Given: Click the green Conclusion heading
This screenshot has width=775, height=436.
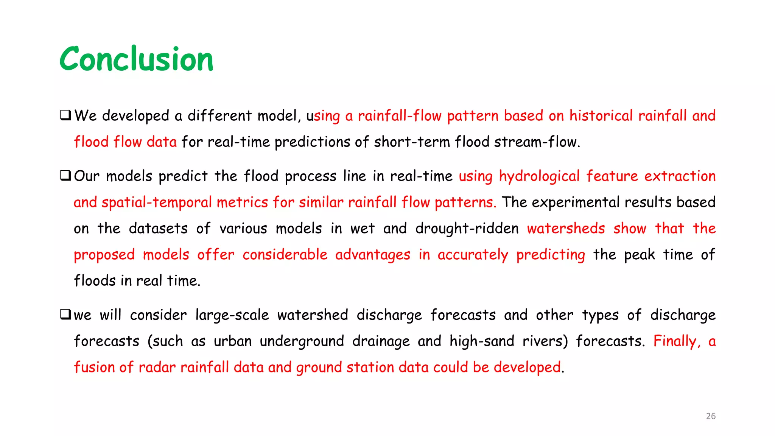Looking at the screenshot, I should click(136, 59).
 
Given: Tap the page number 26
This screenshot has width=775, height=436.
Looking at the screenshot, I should click(711, 416).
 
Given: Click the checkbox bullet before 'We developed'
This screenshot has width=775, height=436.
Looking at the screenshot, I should click(65, 115).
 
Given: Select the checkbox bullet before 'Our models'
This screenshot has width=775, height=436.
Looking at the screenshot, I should click(65, 176).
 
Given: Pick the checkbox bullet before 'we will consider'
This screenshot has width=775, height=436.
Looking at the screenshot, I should click(65, 314).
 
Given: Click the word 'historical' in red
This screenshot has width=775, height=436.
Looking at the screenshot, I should click(601, 116).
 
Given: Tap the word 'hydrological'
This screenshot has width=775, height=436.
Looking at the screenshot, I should click(539, 176).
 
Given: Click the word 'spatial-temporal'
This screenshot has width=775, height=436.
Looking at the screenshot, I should click(157, 202).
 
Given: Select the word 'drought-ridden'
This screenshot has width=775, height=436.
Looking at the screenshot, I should click(467, 229).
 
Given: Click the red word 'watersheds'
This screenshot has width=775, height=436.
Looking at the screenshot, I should click(566, 229).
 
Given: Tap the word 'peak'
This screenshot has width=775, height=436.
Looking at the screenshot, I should click(639, 255).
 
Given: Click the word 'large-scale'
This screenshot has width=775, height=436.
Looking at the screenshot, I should click(232, 315).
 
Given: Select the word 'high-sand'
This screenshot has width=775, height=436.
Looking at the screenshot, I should click(482, 341).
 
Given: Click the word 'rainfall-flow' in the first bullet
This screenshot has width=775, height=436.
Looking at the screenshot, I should click(400, 116).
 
